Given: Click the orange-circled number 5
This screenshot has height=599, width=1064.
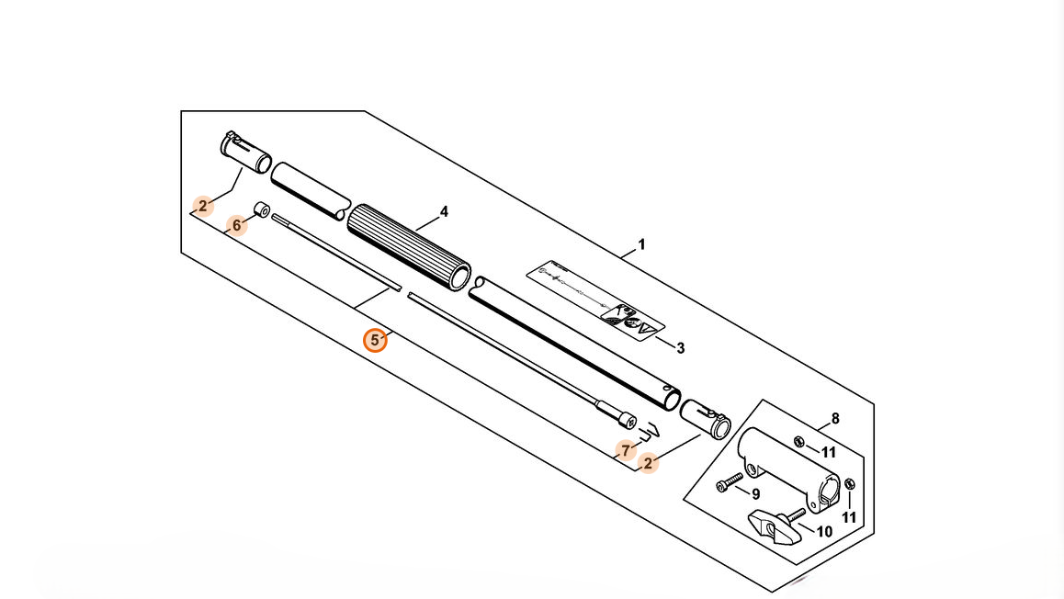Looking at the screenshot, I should (375, 341).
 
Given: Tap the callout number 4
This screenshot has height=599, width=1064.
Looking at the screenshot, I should (444, 212).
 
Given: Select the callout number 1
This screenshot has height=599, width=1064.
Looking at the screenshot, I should (641, 244).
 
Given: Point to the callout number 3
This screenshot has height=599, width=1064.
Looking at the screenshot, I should (680, 348).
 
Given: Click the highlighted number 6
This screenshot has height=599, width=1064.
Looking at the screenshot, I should (236, 224).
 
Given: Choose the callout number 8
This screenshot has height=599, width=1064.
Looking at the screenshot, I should (834, 419).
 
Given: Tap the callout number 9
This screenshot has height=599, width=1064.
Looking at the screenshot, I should (756, 493).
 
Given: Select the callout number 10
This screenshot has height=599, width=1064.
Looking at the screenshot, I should (823, 531).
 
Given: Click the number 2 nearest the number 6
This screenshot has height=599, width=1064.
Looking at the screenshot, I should (203, 206).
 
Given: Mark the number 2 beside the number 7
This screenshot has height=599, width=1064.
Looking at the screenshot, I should (648, 463).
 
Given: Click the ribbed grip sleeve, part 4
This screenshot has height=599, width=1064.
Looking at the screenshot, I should (409, 245).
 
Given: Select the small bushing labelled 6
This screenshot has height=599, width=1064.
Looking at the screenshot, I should (260, 211).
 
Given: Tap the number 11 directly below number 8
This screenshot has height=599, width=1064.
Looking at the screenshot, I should (829, 452).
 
